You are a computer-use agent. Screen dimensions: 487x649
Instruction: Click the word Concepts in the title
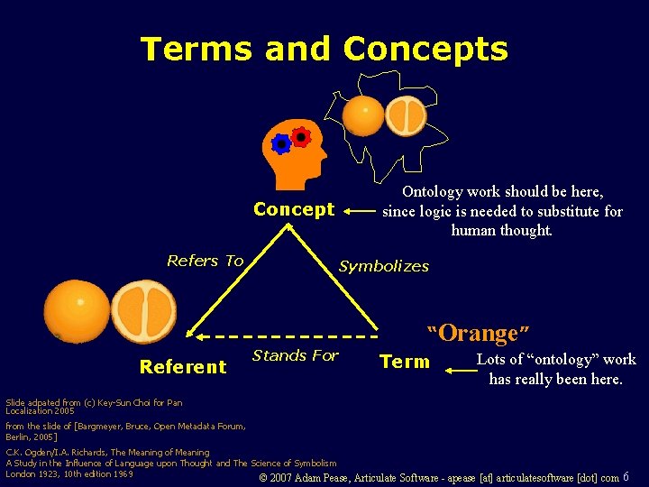pos(425,49)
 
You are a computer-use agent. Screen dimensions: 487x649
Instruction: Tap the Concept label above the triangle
pos(294,209)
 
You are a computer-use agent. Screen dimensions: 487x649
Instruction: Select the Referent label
pos(182,366)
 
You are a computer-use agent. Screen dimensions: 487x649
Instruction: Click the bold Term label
pos(405,362)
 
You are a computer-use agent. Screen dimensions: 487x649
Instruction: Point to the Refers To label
pos(205,261)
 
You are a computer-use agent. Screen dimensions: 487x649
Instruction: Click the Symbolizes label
pos(383,266)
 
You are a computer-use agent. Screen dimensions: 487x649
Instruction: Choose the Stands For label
pos(295,355)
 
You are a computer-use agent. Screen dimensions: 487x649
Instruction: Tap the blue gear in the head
pos(281,142)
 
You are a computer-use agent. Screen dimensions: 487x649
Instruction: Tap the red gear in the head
pos(301,137)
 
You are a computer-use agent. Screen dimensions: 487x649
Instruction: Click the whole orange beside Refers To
pos(78,310)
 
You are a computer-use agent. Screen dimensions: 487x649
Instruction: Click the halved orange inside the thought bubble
pos(406,115)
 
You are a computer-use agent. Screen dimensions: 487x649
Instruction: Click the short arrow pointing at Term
pos(454,363)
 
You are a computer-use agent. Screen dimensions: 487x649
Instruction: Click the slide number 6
pos(626,476)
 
